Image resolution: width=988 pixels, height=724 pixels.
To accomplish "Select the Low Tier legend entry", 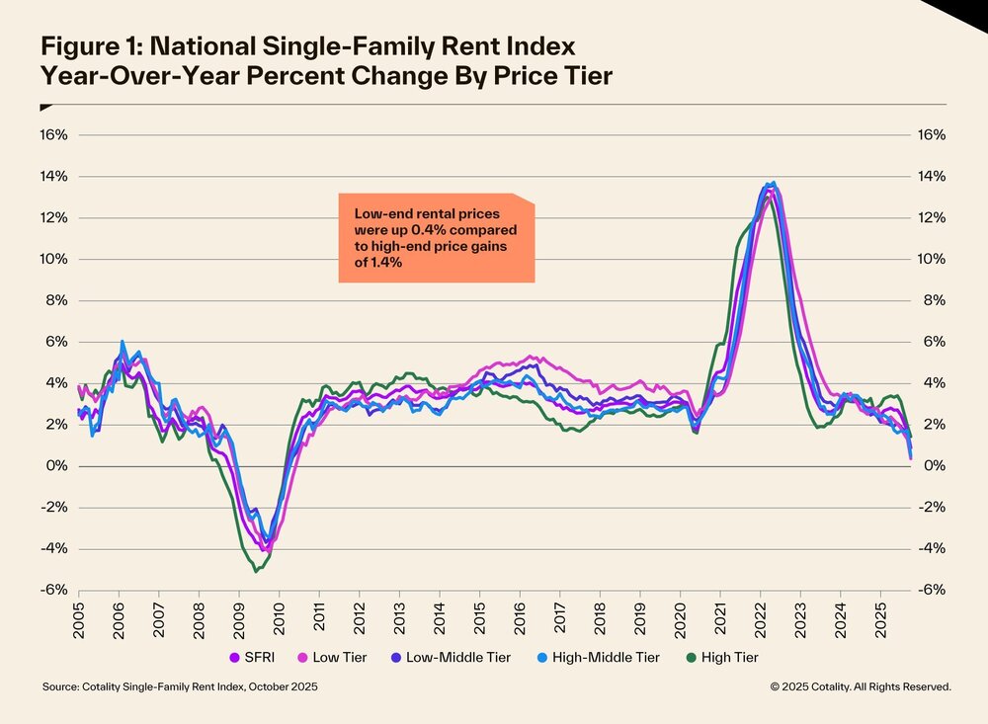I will pos(340,656).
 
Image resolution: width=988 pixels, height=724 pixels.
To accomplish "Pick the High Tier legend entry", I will pos(728,656).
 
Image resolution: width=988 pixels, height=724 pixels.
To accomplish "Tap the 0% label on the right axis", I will pos(934,465).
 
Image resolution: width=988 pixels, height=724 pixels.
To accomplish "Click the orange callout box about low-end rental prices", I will pos(436,238).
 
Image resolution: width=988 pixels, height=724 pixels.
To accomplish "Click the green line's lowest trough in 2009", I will pos(256,570).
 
